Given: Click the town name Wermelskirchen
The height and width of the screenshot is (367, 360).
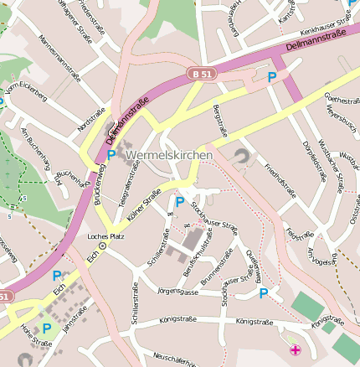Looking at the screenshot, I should click(x=169, y=156).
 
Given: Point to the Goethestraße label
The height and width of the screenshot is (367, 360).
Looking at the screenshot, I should click(x=341, y=101).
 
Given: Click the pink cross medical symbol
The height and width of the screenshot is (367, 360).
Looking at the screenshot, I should click(x=294, y=349).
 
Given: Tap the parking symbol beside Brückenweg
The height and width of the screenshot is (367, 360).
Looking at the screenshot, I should click(x=111, y=155).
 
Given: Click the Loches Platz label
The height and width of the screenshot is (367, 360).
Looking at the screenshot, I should click(x=105, y=236).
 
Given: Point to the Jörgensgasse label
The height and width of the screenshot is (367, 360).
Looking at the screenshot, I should click(x=177, y=292).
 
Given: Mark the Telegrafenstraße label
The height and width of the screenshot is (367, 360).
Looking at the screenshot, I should click(x=129, y=184).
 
